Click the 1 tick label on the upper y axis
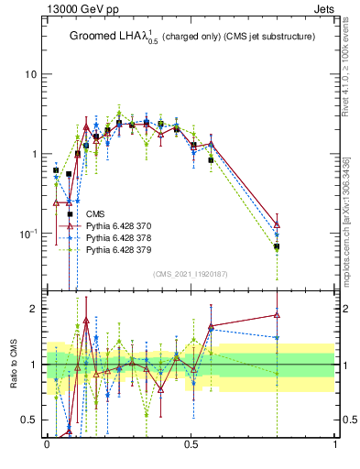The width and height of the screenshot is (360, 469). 36,154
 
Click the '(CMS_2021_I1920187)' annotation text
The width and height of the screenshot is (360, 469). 191,274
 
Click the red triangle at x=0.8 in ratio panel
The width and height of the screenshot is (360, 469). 277,315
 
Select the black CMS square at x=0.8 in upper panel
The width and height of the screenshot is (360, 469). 277,246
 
